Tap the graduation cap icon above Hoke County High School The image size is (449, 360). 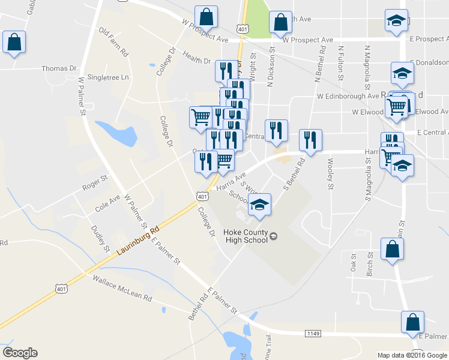click(x=259, y=205)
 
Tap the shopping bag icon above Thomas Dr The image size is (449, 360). click(x=14, y=43)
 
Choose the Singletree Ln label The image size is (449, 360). click(x=108, y=78)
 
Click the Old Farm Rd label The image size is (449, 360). click(x=114, y=42)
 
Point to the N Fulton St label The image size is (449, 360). click(x=340, y=64)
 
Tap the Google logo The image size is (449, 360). click(x=20, y=353)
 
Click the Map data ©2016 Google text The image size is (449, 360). click(x=412, y=355)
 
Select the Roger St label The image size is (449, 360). click(x=94, y=179)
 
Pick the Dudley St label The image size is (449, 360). click(x=98, y=238)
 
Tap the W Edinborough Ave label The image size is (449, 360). click(x=348, y=96)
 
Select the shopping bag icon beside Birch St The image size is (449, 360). click(x=391, y=250)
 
